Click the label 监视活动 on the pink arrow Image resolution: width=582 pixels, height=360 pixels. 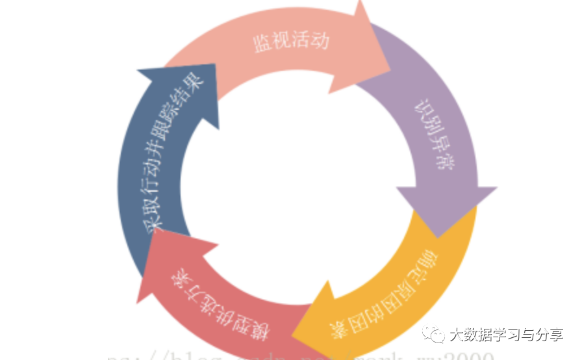click(292, 42)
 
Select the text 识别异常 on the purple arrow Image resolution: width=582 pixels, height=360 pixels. click(435, 135)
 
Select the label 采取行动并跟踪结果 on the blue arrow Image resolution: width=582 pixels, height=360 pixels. click(173, 153)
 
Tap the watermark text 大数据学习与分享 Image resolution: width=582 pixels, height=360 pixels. click(506, 335)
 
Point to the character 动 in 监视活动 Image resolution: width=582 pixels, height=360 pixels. click(320, 40)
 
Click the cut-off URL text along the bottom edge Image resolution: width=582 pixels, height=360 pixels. click(299, 356)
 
